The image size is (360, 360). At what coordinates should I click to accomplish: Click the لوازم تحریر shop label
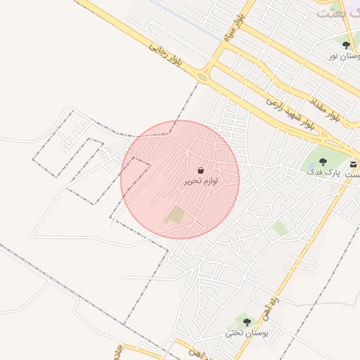[201, 181]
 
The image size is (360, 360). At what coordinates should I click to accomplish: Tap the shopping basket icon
[201, 171]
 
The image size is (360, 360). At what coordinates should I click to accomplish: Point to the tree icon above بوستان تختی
[245, 321]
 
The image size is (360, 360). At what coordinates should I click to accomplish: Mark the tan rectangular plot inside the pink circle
[174, 214]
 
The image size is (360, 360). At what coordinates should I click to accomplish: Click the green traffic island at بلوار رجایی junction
[202, 77]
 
